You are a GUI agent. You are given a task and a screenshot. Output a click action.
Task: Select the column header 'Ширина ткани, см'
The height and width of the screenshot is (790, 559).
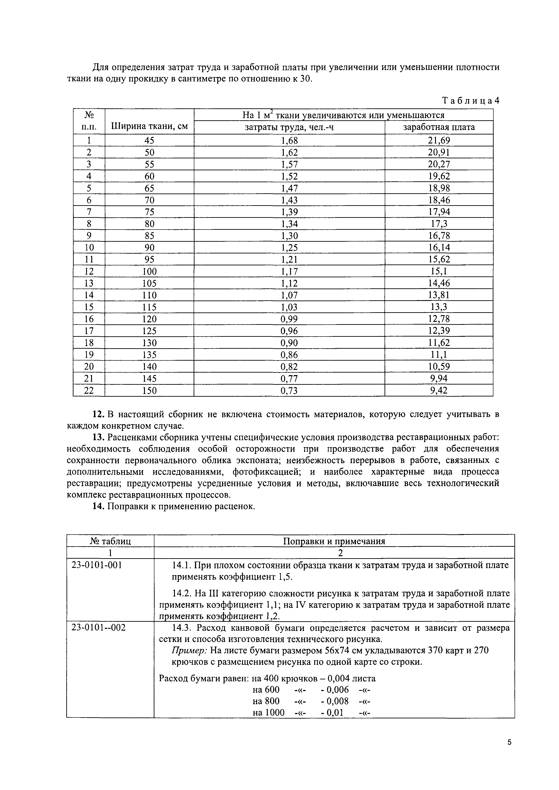[149, 127]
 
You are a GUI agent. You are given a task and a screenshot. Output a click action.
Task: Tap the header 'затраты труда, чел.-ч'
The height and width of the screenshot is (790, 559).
[289, 127]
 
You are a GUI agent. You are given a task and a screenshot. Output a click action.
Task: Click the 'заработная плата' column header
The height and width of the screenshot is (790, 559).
[439, 127]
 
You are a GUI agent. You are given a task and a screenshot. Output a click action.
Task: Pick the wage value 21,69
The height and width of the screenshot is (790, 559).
[439, 140]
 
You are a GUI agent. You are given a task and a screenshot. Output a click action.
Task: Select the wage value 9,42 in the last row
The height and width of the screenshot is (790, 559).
[439, 391]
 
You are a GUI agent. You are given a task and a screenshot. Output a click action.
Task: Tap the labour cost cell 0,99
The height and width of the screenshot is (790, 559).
[289, 319]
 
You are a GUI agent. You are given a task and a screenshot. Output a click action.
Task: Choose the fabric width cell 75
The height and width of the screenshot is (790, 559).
[149, 212]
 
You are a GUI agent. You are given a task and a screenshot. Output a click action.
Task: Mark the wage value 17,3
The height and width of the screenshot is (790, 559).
[439, 224]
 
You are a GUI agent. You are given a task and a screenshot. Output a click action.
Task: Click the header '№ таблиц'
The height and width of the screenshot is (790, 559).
[110, 542]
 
